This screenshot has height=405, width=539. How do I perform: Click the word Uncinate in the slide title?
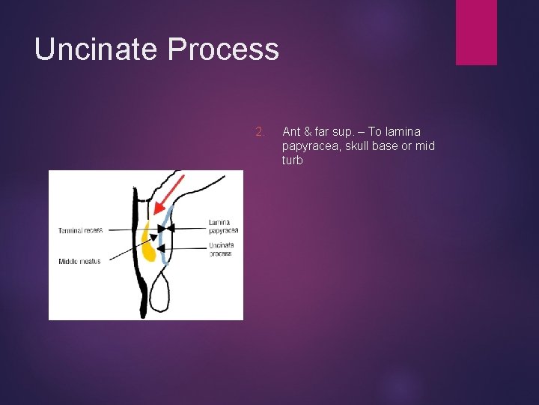pyautogui.click(x=97, y=49)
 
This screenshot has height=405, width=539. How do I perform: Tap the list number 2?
pyautogui.click(x=260, y=132)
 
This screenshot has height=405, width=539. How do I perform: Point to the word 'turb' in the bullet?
pyautogui.click(x=292, y=160)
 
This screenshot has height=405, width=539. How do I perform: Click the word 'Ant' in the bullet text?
pyautogui.click(x=291, y=132)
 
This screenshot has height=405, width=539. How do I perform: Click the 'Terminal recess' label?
pyautogui.click(x=81, y=230)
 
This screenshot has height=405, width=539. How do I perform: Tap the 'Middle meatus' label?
pyautogui.click(x=79, y=261)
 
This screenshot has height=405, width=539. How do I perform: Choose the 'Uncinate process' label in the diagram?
pyautogui.click(x=222, y=249)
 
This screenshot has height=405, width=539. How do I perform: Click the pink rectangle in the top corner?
pyautogui.click(x=476, y=31)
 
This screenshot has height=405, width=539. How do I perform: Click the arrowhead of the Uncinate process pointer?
pyautogui.click(x=159, y=247)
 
